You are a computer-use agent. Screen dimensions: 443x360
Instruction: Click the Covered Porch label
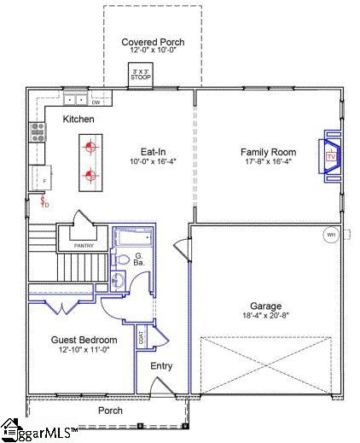(153, 42)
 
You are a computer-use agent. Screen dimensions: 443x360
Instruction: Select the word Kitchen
(78, 119)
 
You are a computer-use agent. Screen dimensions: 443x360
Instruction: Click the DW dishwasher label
(96, 103)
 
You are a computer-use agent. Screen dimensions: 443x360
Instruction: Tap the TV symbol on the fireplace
(329, 157)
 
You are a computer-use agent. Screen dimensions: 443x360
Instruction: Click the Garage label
(265, 306)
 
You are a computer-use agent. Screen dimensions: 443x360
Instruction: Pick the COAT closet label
(141, 337)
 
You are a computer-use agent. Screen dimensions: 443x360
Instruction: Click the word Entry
(161, 366)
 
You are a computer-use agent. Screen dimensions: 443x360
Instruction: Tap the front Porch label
(109, 410)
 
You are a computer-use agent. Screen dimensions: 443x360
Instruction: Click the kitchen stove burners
(38, 131)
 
